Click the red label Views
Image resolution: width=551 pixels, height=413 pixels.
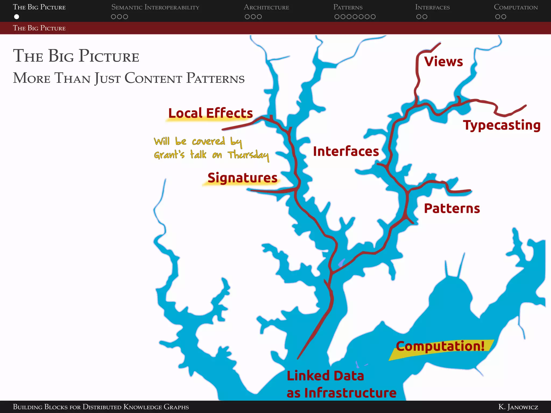pyautogui.click(x=443, y=62)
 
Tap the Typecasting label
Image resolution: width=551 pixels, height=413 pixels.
pyautogui.click(x=501, y=125)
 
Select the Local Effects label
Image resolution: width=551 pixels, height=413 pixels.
pyautogui.click(x=210, y=113)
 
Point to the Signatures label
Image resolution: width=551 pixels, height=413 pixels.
pyautogui.click(x=242, y=178)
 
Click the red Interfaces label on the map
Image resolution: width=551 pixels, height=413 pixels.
pyautogui.click(x=346, y=151)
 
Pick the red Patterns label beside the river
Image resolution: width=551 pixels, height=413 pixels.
pyautogui.click(x=452, y=208)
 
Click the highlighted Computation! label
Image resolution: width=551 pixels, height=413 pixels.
pyautogui.click(x=440, y=346)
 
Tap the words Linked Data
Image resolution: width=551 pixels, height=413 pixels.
pyautogui.click(x=325, y=376)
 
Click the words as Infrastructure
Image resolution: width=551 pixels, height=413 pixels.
pyautogui.click(x=341, y=393)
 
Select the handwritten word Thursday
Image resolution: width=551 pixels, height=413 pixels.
pyautogui.click(x=248, y=155)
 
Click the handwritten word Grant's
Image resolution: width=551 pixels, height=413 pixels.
pyautogui.click(x=169, y=155)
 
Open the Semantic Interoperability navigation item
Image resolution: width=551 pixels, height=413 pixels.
pyautogui.click(x=155, y=7)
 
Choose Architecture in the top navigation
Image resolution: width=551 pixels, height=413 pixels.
pyautogui.click(x=266, y=7)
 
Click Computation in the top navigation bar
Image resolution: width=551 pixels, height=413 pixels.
pyautogui.click(x=515, y=7)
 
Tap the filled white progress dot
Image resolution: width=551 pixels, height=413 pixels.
pyautogui.click(x=17, y=17)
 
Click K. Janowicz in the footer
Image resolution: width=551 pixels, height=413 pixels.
pyautogui.click(x=518, y=407)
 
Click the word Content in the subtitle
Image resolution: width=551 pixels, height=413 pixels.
pyautogui.click(x=153, y=78)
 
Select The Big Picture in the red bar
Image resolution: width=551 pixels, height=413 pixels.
pyautogui.click(x=39, y=28)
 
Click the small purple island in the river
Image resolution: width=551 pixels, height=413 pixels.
pyautogui.click(x=341, y=262)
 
